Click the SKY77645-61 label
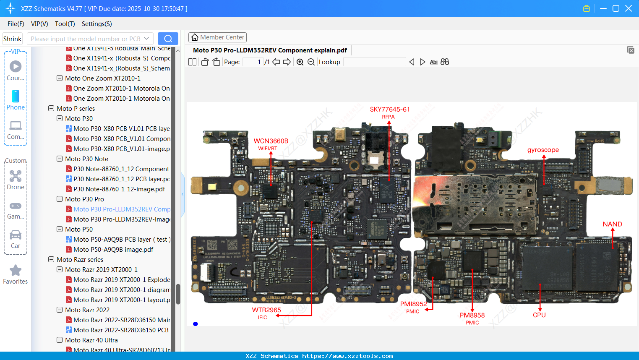click(389, 110)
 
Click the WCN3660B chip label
click(271, 141)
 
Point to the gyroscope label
click(543, 150)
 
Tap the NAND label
click(612, 224)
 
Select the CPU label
click(539, 315)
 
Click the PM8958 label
click(472, 316)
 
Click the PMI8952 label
click(413, 304)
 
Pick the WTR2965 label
click(266, 310)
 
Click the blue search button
click(168, 39)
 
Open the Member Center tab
click(217, 37)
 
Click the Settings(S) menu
click(97, 24)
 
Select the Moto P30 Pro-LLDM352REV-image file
click(122, 219)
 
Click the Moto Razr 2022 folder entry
click(87, 310)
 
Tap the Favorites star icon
click(16, 271)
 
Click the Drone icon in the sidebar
click(16, 176)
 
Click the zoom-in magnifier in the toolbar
click(300, 62)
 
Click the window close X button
click(629, 8)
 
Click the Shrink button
click(12, 39)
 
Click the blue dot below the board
click(196, 324)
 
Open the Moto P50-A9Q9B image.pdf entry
click(113, 250)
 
